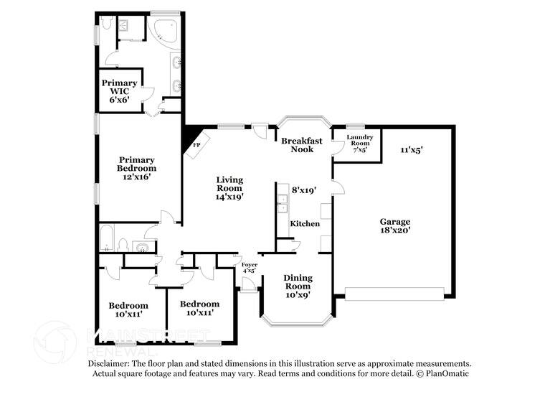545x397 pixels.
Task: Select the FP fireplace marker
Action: [196, 144]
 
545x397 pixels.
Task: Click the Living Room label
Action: [230, 184]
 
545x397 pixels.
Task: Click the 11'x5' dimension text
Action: [412, 150]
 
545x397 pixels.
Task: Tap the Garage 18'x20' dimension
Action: [395, 230]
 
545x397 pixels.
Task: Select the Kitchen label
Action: [305, 224]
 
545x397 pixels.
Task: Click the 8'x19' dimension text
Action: [304, 190]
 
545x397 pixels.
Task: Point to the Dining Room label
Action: [297, 281]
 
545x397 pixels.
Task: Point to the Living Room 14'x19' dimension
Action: [230, 196]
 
